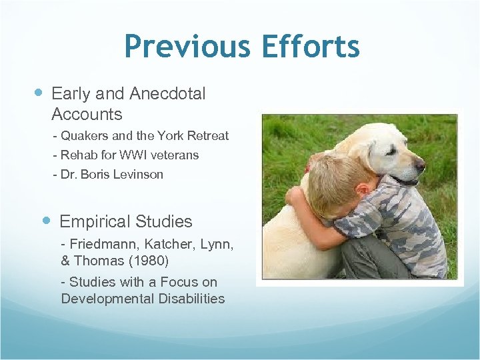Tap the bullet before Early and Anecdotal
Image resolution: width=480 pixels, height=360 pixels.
tap(38, 94)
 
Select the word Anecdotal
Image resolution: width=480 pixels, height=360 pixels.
tap(166, 94)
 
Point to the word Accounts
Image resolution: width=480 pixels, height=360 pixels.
tap(87, 114)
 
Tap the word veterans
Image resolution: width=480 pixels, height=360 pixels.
tap(173, 155)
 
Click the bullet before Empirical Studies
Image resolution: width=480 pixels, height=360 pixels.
tap(47, 221)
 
